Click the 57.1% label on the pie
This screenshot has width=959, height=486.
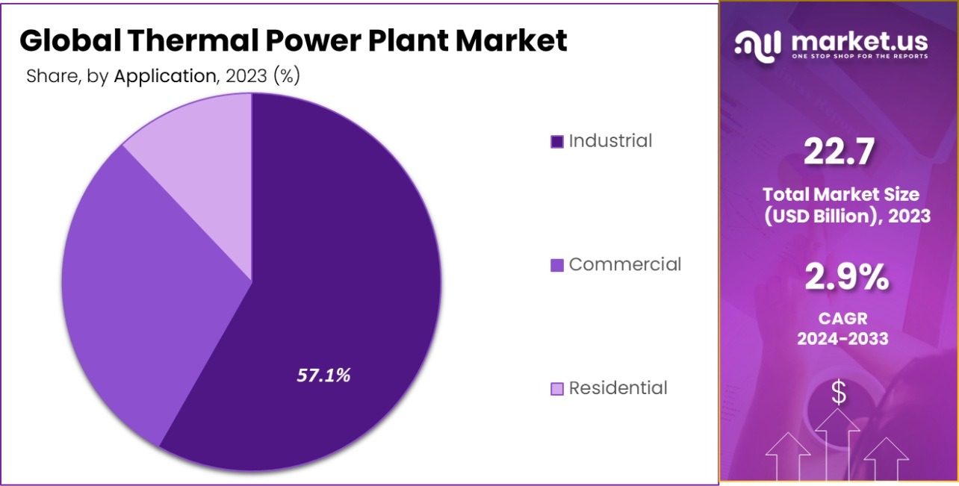[323, 376]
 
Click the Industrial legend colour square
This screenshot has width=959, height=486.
[556, 142]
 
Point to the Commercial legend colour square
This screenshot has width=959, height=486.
[556, 265]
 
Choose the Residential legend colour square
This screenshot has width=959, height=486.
[556, 389]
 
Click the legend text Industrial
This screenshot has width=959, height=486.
[610, 140]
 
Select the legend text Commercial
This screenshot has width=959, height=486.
[625, 264]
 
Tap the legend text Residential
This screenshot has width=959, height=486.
[618, 388]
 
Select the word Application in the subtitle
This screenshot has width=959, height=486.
[164, 76]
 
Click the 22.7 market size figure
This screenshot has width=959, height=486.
[839, 153]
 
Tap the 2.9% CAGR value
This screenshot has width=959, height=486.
[846, 278]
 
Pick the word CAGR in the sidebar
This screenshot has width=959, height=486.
[842, 319]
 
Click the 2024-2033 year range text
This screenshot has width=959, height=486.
[842, 338]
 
